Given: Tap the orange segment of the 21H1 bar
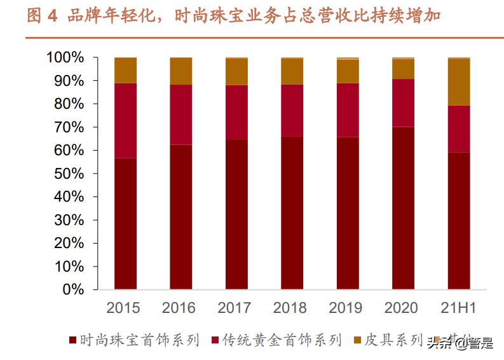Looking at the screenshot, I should pyautogui.click(x=459, y=82).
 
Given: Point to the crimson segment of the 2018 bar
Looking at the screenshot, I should pyautogui.click(x=292, y=110).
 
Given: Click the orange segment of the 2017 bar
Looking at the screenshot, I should pyautogui.click(x=236, y=72).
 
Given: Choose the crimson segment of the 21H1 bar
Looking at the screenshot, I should pyautogui.click(x=459, y=128).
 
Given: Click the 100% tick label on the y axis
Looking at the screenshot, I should pyautogui.click(x=65, y=58).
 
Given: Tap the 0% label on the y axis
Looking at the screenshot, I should pyautogui.click(x=73, y=289).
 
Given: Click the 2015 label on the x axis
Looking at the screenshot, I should pyautogui.click(x=123, y=308).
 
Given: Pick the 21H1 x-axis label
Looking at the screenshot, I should pyautogui.click(x=458, y=308).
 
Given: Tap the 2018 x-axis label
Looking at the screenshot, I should pyautogui.click(x=290, y=308).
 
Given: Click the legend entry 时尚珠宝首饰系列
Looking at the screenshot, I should pyautogui.click(x=140, y=341).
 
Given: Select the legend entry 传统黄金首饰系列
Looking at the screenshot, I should pyautogui.click(x=282, y=341).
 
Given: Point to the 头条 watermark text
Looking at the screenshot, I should pyautogui.click(x=439, y=344).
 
